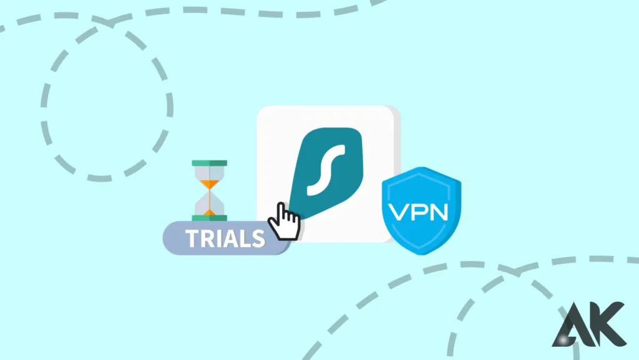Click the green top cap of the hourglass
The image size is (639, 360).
[210, 163]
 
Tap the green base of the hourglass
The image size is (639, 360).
[210, 217]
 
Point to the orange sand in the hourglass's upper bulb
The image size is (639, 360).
[210, 183]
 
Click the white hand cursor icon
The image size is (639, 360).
[284, 221]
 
